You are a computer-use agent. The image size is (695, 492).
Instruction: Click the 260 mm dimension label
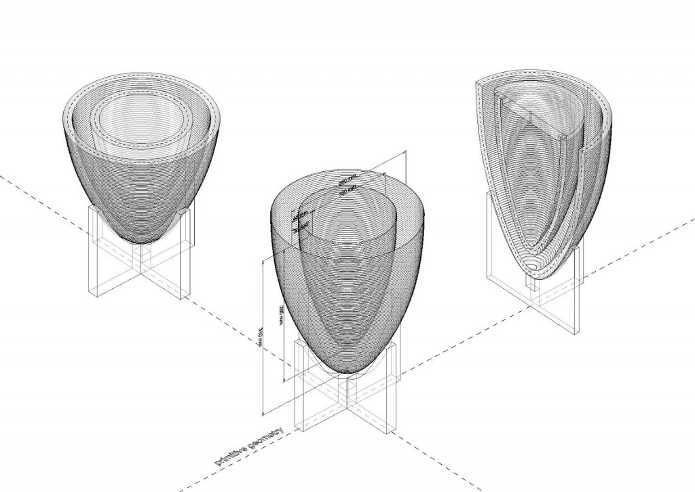click(347, 181)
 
